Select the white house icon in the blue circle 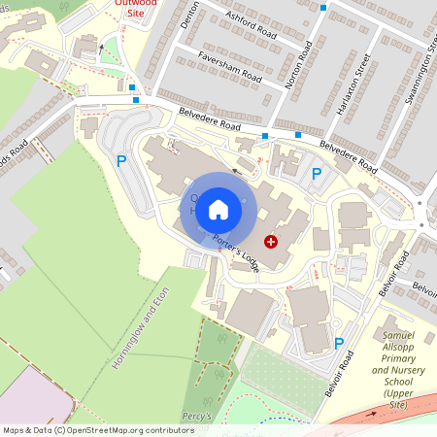point(218,209)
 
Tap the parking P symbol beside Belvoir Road point(339,343)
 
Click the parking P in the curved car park point(121,161)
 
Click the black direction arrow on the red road point(100,48)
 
